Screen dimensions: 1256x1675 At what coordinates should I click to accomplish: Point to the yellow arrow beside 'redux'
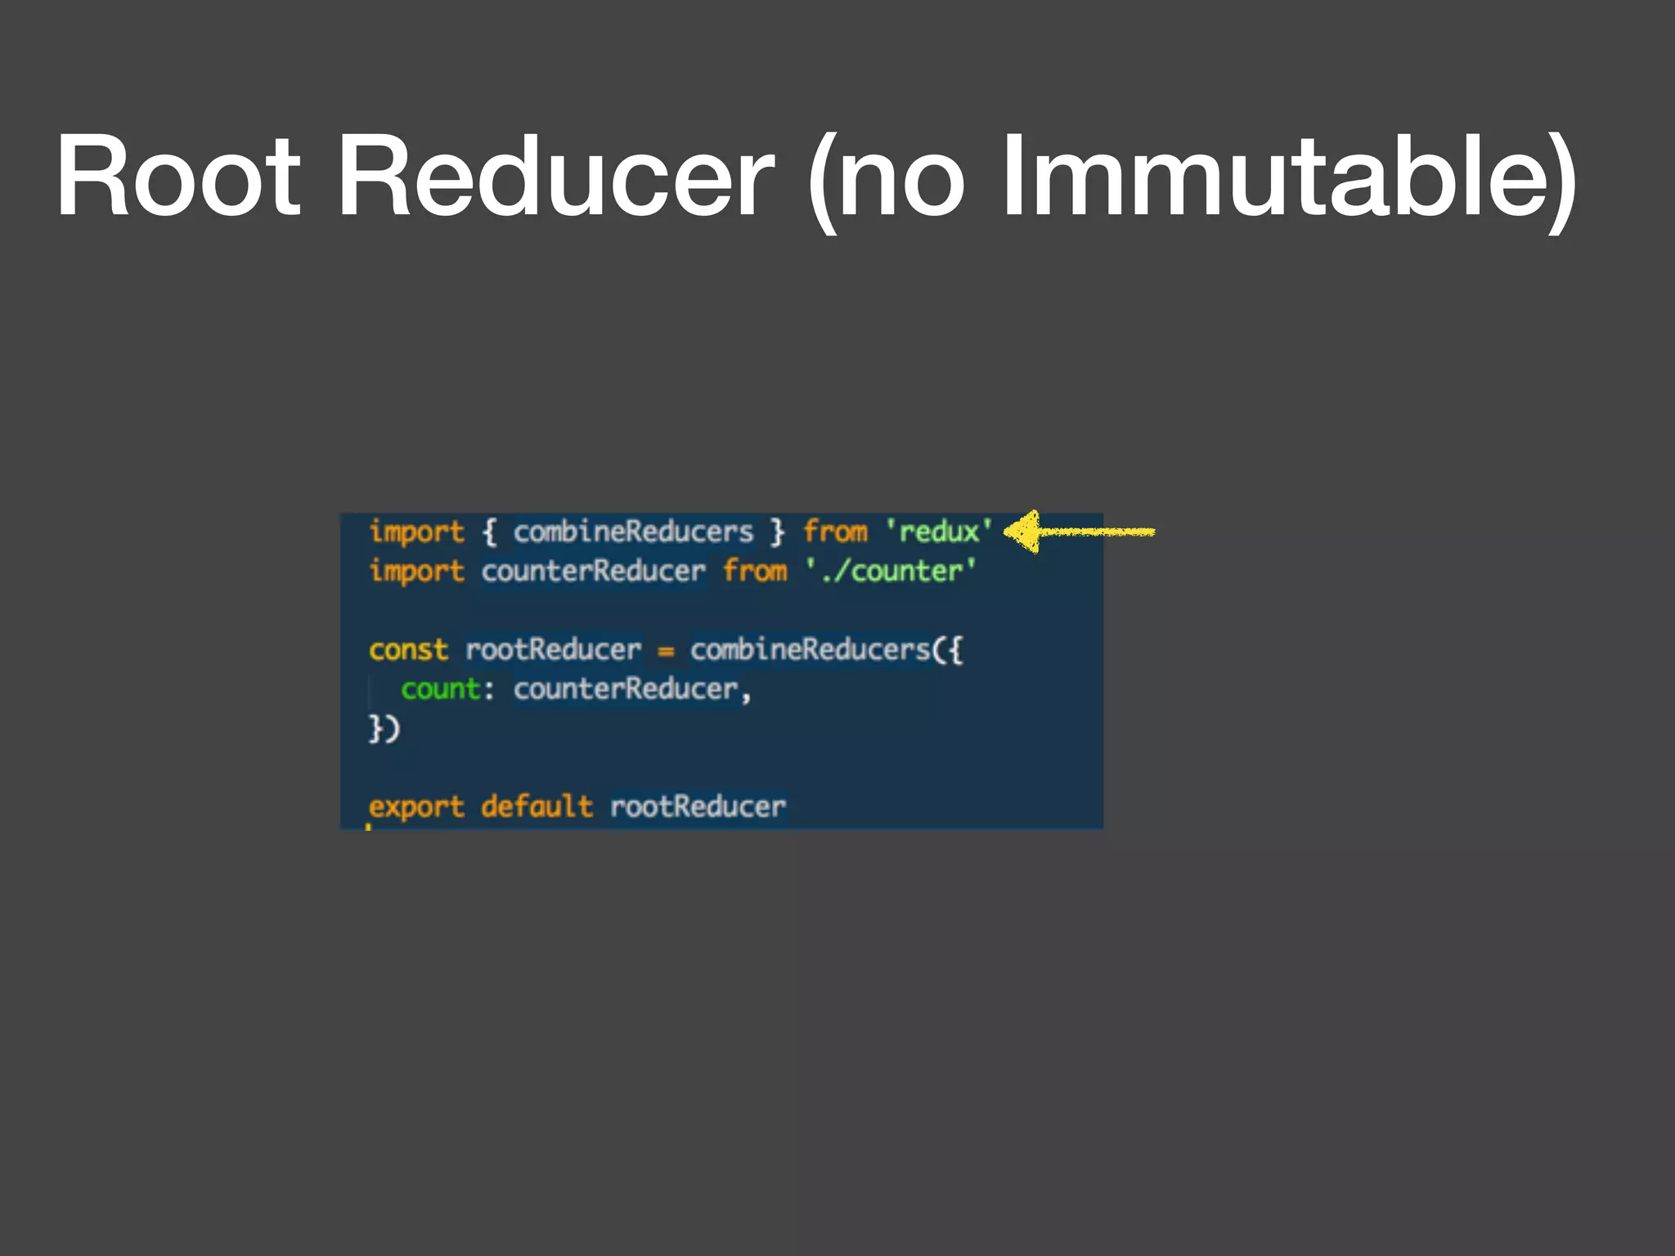(1078, 532)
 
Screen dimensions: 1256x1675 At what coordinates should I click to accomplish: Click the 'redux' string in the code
(940, 532)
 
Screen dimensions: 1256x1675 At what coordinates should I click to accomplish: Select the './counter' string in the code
(891, 571)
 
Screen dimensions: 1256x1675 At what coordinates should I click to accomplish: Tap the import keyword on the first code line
(416, 532)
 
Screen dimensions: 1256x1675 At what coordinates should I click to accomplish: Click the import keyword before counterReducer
(416, 572)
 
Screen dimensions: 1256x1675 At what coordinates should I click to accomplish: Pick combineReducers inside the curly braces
(633, 532)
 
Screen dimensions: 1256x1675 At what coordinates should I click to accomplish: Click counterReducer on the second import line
(593, 571)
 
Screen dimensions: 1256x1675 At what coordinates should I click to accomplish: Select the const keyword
(408, 650)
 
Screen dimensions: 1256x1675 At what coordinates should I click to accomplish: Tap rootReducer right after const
(553, 650)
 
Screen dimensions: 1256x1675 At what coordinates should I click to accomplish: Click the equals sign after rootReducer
(666, 652)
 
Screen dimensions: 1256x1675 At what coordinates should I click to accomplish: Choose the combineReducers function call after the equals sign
(810, 650)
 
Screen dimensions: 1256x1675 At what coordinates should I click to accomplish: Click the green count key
(440, 689)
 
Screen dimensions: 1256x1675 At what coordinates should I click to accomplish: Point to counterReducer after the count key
(626, 689)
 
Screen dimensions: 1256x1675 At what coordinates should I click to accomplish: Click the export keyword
(416, 808)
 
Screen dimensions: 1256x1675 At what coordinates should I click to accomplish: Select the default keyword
(537, 806)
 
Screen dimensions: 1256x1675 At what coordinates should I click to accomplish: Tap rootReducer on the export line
(698, 807)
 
